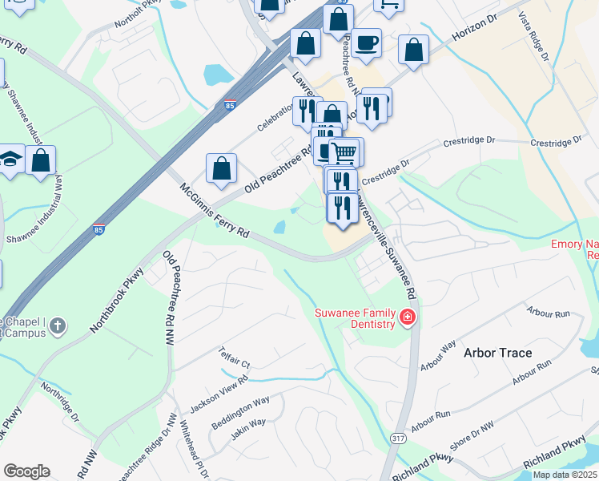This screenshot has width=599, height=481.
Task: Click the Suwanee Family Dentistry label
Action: click(356, 318)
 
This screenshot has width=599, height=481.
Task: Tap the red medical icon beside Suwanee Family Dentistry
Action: click(408, 318)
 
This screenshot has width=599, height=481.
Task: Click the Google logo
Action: click(26, 471)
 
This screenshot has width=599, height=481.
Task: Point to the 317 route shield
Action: click(400, 439)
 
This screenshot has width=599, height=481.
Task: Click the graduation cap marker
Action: click(10, 160)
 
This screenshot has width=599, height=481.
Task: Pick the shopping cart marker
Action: click(344, 152)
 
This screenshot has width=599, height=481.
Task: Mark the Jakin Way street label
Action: click(247, 427)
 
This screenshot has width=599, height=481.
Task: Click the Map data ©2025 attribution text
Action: click(564, 475)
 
